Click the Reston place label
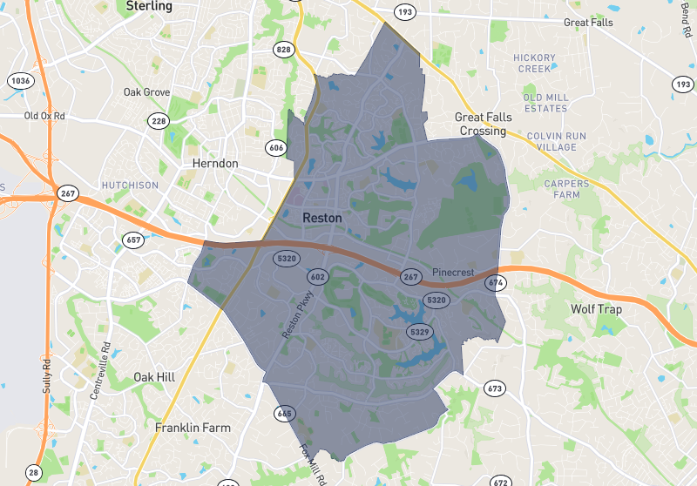coord(321,217)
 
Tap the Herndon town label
coord(214,163)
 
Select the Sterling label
coord(149,6)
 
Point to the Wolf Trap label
coord(594,309)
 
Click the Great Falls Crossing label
coord(484,124)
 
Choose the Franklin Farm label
coord(193,428)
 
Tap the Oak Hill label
coord(154,376)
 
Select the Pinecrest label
coord(453,273)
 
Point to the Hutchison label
coord(129,186)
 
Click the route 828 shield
coord(283,50)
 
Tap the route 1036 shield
coord(20,81)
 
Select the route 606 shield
coord(277,147)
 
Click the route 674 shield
coord(496,282)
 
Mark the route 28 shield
coord(34,473)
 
